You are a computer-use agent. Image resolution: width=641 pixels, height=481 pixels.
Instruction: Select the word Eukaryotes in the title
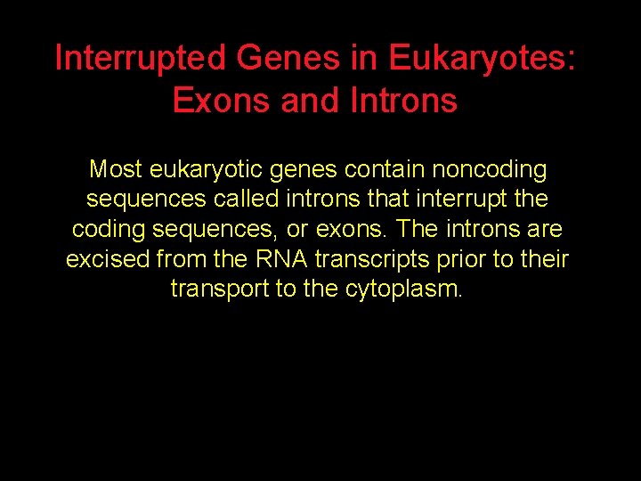point(478,59)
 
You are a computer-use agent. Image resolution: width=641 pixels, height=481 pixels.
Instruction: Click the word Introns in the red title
point(405,101)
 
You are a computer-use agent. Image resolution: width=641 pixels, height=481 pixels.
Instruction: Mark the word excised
point(108,259)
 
